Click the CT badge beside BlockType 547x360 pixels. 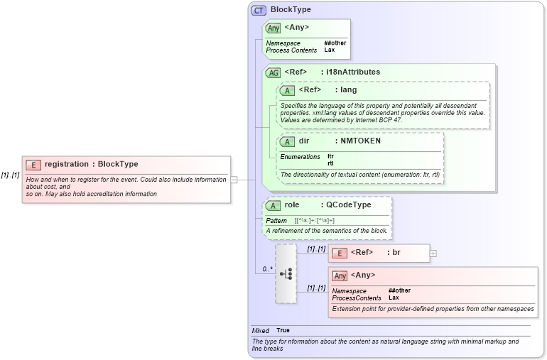click(x=259, y=10)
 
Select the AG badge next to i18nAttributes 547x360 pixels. click(x=273, y=72)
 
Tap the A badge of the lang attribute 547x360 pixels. click(x=287, y=90)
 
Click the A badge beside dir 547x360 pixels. click(x=287, y=141)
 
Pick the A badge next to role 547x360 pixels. click(x=273, y=205)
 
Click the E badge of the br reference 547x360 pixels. click(x=340, y=253)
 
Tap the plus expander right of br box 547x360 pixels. click(x=433, y=253)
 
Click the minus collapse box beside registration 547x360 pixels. click(x=234, y=180)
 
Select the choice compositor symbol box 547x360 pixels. click(x=286, y=273)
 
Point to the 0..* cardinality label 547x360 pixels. click(x=268, y=269)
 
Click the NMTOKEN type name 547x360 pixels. click(x=360, y=141)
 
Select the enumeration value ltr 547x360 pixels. click(x=330, y=156)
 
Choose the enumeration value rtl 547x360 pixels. click(x=330, y=163)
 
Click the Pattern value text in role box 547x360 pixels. click(x=314, y=221)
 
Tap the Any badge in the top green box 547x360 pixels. click(x=273, y=28)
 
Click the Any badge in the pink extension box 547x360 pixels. click(x=340, y=276)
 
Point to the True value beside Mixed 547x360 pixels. click(x=283, y=330)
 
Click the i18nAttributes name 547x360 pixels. click(x=353, y=72)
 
